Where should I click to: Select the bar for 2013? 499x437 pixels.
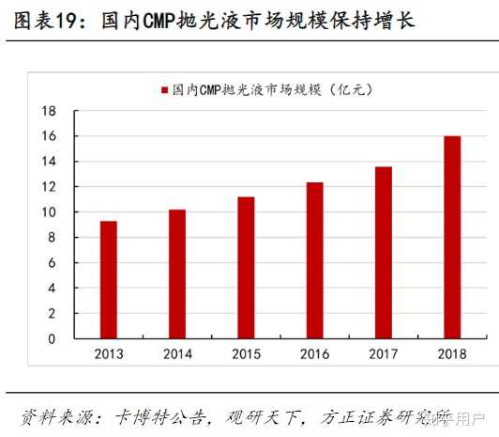tap(109, 279)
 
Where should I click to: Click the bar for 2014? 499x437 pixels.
tap(177, 273)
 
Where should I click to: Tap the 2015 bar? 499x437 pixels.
tap(246, 267)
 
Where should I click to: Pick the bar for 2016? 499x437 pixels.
tap(314, 259)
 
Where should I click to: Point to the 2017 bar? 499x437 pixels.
tap(383, 252)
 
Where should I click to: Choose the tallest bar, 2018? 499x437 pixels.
tap(451, 237)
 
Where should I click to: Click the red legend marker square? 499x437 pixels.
tap(164, 90)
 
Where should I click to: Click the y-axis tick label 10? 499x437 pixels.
tap(50, 212)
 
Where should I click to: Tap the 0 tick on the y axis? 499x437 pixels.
tap(53, 338)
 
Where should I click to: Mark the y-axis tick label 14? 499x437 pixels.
tap(50, 162)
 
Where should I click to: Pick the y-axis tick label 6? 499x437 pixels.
tap(53, 263)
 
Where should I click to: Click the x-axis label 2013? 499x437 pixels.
tap(109, 355)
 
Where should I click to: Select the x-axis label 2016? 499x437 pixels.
tap(314, 355)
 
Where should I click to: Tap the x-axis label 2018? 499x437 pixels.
tap(451, 355)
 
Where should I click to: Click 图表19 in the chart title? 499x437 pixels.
tap(41, 20)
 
